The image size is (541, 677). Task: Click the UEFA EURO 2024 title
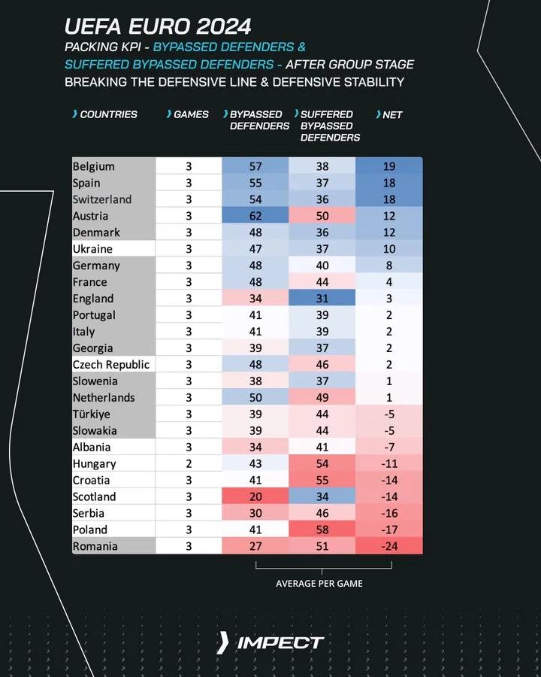click(x=158, y=28)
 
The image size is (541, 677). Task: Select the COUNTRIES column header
click(x=108, y=114)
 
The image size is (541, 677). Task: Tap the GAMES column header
click(x=191, y=114)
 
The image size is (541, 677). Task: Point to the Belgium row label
click(x=94, y=166)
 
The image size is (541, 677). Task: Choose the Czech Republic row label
click(x=111, y=365)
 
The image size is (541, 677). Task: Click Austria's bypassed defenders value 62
click(x=255, y=216)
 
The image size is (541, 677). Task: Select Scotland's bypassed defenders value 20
click(x=255, y=496)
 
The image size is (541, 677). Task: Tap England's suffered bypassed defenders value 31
click(x=322, y=299)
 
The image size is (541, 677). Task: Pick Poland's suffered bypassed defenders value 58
click(x=322, y=530)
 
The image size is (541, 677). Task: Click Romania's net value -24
click(x=388, y=546)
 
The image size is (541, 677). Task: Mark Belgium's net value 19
click(x=388, y=166)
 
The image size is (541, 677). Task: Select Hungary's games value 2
click(x=189, y=464)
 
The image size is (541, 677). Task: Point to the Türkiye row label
click(x=92, y=414)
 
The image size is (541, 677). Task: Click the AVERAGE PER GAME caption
click(x=320, y=583)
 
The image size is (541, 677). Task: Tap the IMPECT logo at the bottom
click(x=270, y=643)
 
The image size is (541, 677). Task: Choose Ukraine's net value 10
click(x=388, y=249)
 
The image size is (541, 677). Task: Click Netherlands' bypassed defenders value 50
click(x=255, y=398)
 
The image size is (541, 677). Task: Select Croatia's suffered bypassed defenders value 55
click(x=322, y=480)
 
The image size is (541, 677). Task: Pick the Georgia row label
click(x=93, y=348)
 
